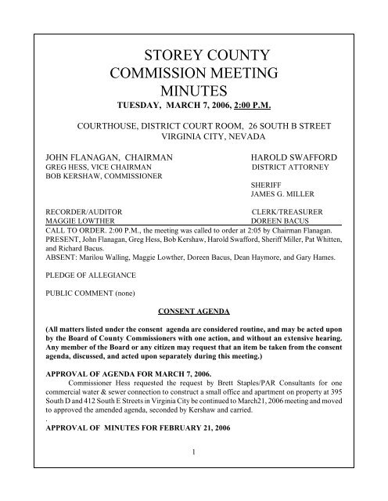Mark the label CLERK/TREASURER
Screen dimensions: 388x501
tap(293, 211)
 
